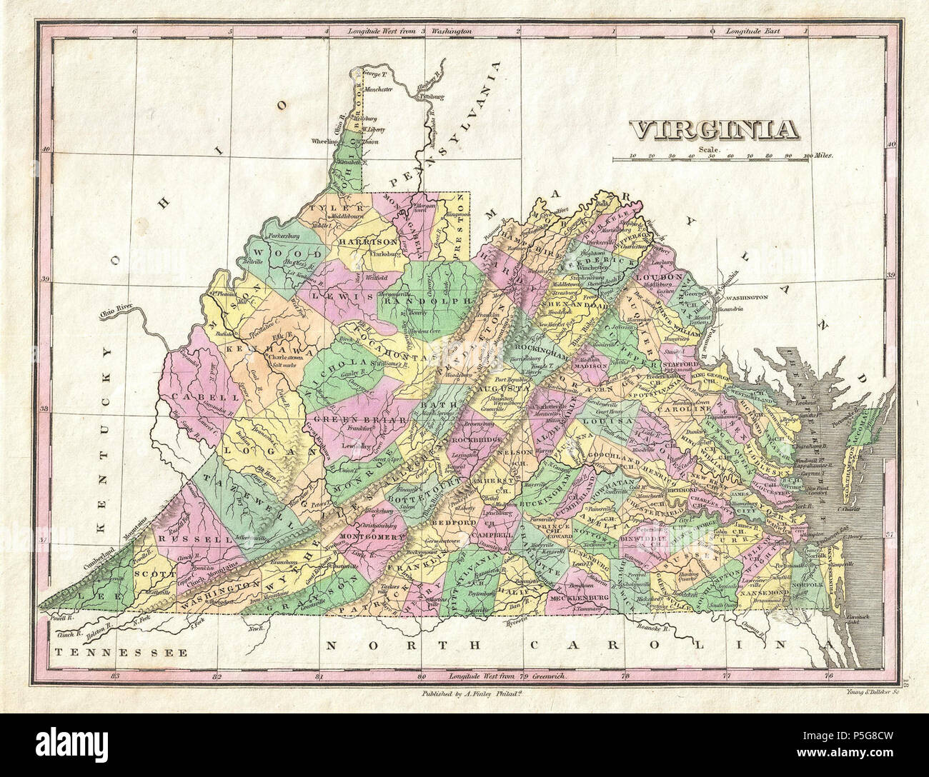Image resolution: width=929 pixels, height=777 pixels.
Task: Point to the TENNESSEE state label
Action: (121, 651)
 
